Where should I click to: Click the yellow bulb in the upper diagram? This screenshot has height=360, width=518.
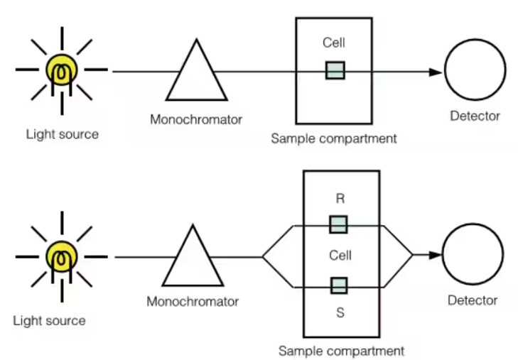click(x=62, y=70)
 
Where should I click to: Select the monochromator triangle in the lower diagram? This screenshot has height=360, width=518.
click(x=190, y=258)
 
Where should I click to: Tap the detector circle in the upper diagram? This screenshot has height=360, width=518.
click(x=475, y=71)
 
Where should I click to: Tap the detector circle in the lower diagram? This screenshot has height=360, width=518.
click(x=473, y=255)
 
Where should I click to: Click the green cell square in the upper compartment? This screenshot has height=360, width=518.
click(x=335, y=70)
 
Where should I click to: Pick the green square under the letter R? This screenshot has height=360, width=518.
click(x=339, y=224)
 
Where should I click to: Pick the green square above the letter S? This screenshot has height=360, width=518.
click(x=339, y=285)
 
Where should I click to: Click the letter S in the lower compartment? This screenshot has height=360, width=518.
click(x=340, y=312)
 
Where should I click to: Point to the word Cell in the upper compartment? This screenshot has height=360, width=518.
click(x=334, y=43)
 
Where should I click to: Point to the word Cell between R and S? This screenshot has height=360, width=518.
click(x=340, y=254)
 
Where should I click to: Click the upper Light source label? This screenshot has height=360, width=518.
click(x=62, y=133)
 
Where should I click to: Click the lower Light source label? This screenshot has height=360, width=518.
click(x=49, y=320)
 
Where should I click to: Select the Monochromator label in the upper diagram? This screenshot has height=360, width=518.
click(x=196, y=119)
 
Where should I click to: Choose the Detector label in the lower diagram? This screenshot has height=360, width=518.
click(x=473, y=300)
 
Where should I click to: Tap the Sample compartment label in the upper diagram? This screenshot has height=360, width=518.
click(x=334, y=138)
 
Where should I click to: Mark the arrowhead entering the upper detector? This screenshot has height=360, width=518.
click(x=434, y=72)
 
